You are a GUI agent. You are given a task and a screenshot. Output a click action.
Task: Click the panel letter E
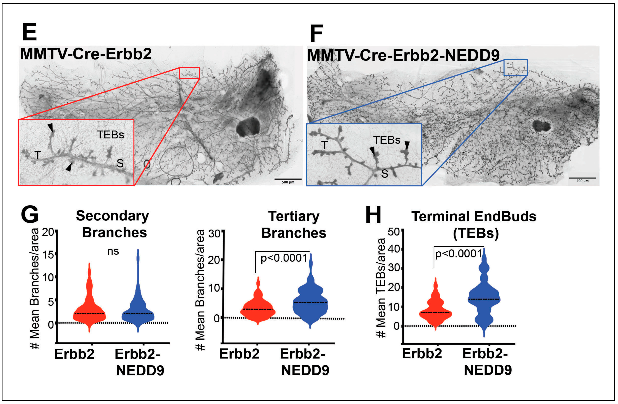[29, 32]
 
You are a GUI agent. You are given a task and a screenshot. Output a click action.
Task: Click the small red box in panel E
[189, 73]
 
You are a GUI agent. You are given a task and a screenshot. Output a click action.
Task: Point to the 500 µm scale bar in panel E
[288, 179]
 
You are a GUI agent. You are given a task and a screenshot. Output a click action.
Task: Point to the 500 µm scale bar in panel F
[582, 178]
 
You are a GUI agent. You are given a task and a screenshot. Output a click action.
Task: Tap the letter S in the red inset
[120, 163]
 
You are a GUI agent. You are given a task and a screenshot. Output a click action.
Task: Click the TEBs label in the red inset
[110, 135]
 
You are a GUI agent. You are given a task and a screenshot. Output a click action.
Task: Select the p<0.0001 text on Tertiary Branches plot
[284, 258]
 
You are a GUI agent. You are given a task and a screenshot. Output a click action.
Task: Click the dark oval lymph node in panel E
[248, 127]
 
